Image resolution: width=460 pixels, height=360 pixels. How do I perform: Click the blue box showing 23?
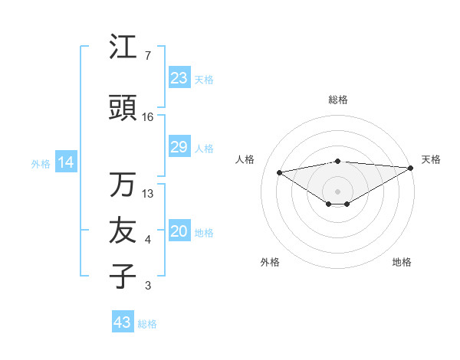[179, 78]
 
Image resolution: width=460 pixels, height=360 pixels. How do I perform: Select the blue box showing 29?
[179, 147]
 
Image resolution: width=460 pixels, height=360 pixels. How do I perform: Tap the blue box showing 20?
[179, 232]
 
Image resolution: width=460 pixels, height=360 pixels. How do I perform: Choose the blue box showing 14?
[66, 162]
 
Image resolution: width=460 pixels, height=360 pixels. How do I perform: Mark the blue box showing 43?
[123, 322]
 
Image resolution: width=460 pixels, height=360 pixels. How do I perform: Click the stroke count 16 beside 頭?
[148, 117]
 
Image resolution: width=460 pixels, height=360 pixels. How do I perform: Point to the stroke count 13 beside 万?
[148, 194]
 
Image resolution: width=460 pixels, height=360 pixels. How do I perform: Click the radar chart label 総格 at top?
[337, 100]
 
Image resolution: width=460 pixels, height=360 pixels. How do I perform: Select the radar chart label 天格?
[431, 159]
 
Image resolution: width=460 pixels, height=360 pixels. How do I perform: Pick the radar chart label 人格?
[245, 159]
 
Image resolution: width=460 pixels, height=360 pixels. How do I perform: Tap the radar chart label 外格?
[270, 262]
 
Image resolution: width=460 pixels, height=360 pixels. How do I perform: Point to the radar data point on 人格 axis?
[280, 172]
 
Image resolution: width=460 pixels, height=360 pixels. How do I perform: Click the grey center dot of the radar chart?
[337, 190]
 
